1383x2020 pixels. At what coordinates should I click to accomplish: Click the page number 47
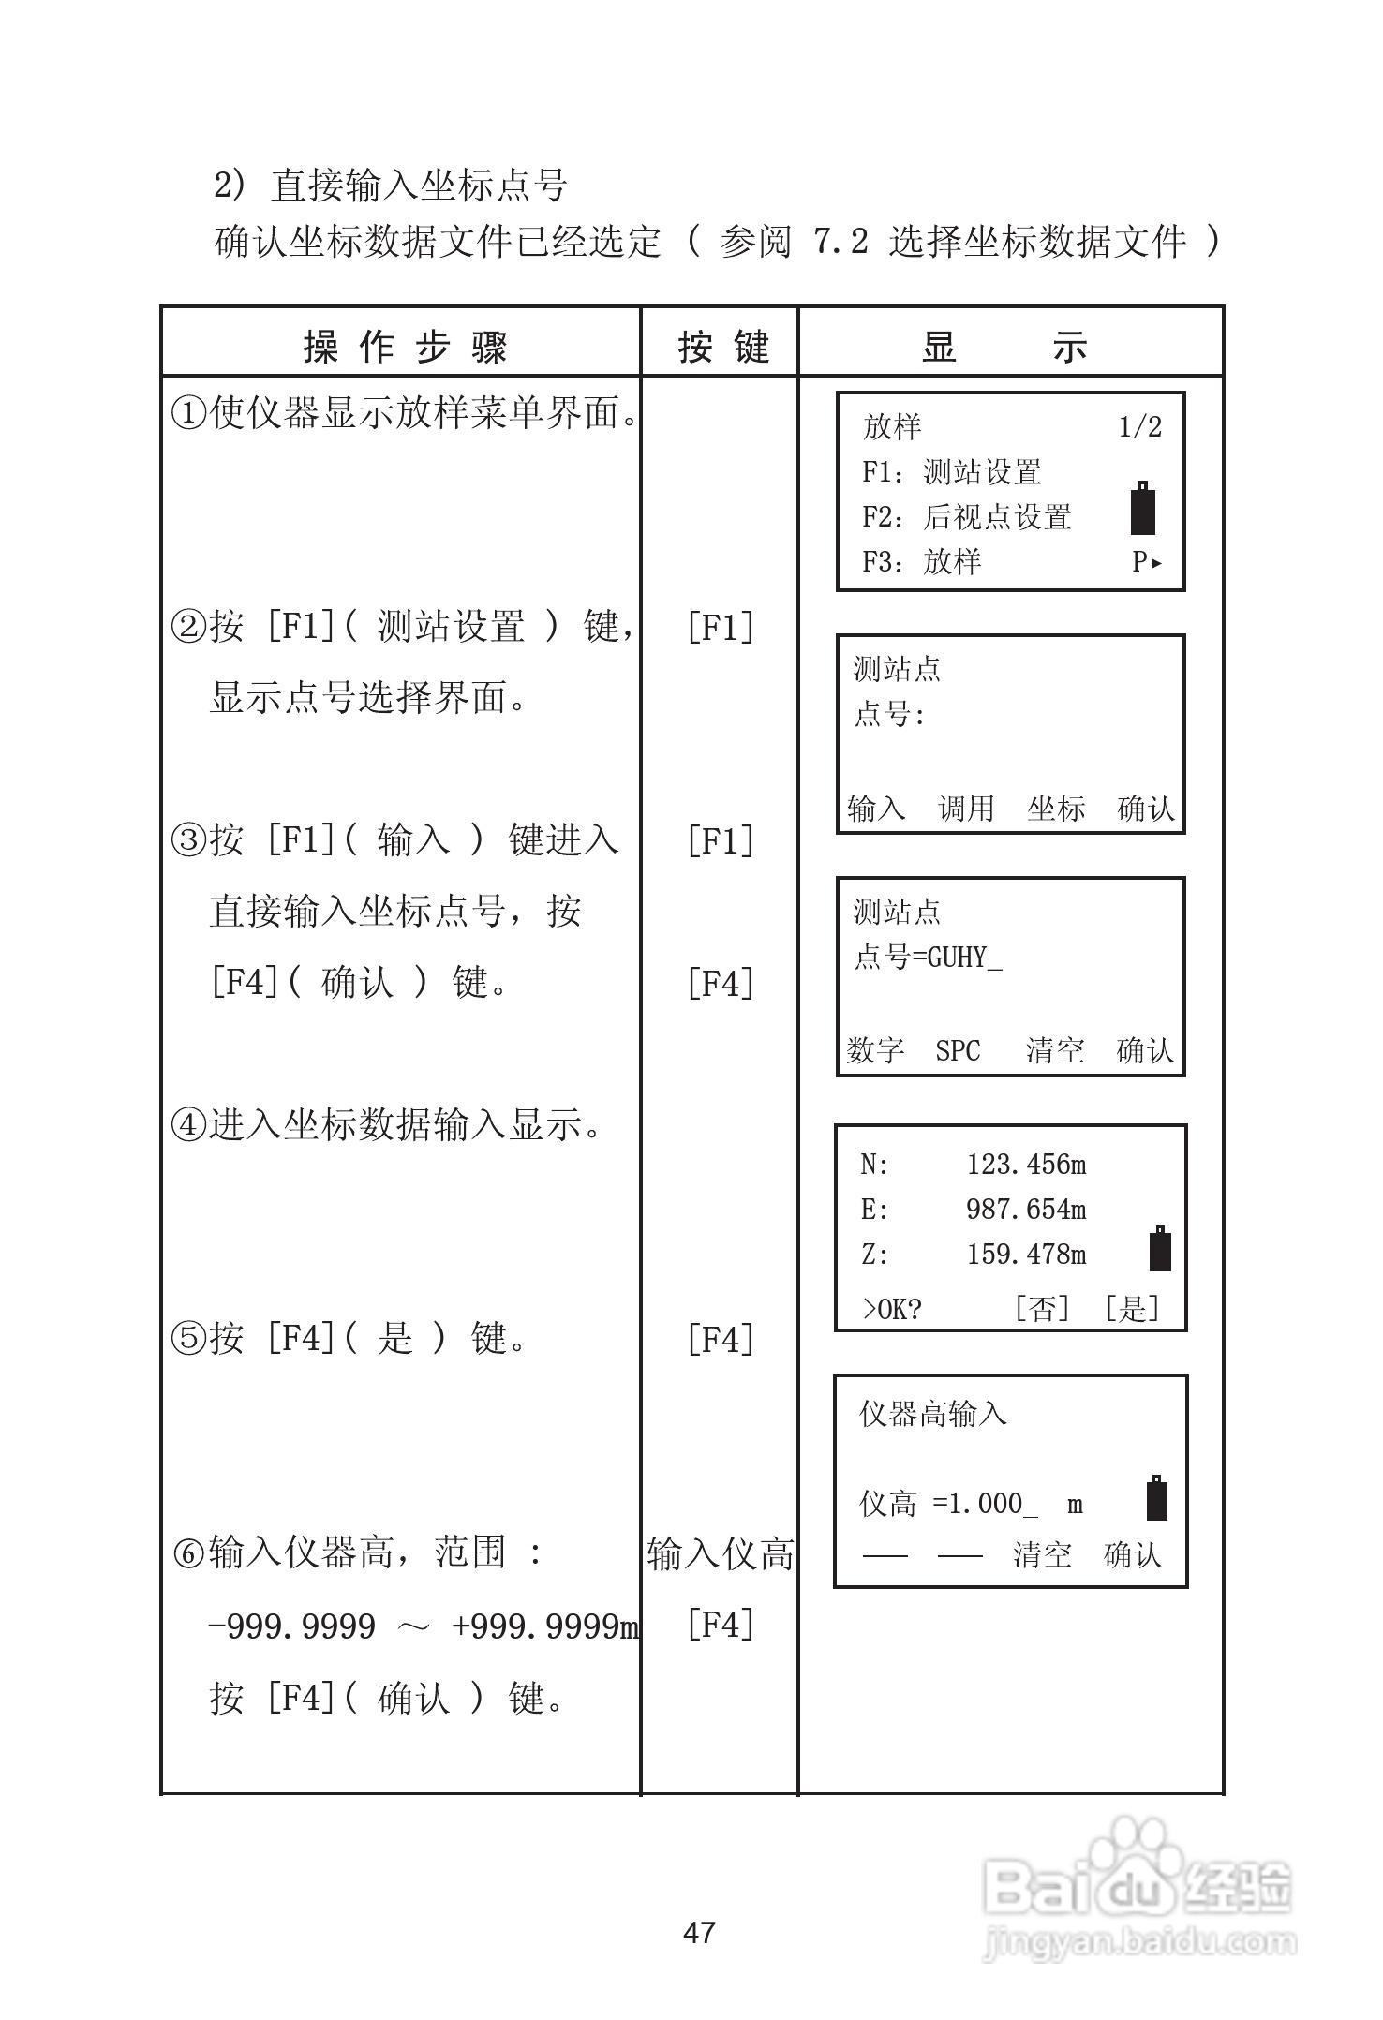click(x=699, y=1932)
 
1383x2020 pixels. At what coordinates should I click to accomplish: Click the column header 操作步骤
click(x=406, y=348)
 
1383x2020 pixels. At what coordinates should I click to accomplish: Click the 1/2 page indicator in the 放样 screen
click(x=1140, y=428)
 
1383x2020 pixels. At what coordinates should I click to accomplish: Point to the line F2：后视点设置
click(x=966, y=517)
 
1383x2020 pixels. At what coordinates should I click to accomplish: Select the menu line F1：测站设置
click(x=951, y=472)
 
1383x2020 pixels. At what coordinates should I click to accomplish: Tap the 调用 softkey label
click(x=966, y=808)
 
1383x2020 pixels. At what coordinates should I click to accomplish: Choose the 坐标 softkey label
click(x=1056, y=808)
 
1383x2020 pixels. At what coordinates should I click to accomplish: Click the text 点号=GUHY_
click(x=928, y=958)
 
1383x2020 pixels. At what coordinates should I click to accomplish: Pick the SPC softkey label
click(x=958, y=1050)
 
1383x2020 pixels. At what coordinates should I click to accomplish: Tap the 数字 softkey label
click(x=876, y=1050)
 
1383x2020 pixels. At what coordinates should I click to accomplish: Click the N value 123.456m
click(x=1026, y=1165)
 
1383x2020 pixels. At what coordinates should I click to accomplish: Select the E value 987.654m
click(x=1026, y=1210)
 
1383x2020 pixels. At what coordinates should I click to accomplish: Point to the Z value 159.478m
click(x=1026, y=1255)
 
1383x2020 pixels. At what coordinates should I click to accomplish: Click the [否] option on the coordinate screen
click(x=1042, y=1308)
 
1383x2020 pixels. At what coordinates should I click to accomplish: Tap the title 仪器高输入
click(x=933, y=1414)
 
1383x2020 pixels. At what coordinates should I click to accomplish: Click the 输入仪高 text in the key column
click(x=721, y=1554)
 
